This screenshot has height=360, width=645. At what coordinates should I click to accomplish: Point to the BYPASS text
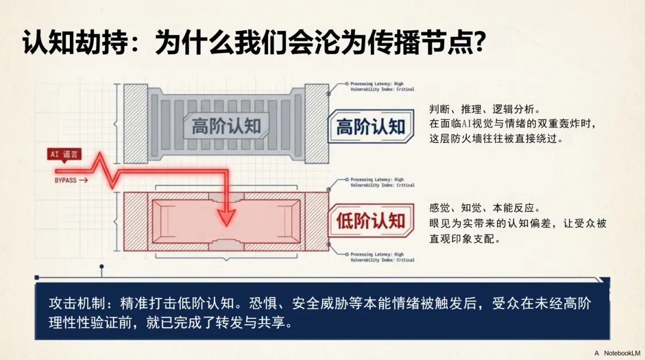pyautogui.click(x=66, y=180)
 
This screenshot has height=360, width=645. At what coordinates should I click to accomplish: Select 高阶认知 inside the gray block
pyautogui.click(x=226, y=127)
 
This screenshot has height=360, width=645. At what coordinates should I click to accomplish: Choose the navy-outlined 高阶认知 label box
pyautogui.click(x=370, y=127)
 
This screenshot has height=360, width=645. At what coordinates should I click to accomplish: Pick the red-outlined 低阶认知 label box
pyautogui.click(x=370, y=221)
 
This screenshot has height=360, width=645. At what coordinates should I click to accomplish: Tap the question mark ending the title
pyautogui.click(x=478, y=43)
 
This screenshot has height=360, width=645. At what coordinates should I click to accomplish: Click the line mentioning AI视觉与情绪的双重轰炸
pyautogui.click(x=513, y=124)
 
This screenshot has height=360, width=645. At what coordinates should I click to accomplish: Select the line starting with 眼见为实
pyautogui.click(x=518, y=224)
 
